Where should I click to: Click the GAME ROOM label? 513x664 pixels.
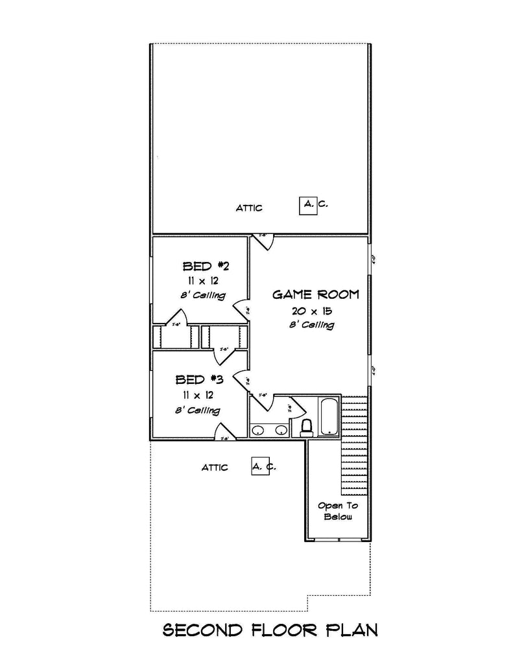[315, 294]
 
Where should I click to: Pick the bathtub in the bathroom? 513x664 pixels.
[328, 416]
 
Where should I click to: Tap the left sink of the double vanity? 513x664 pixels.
[259, 429]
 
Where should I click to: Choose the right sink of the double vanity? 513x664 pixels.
[281, 429]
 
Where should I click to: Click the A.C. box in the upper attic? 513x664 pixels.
[307, 206]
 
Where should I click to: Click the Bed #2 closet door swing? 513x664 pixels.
[176, 318]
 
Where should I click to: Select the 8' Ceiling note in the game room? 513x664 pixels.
[312, 325]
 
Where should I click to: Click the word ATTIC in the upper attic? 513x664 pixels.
[249, 208]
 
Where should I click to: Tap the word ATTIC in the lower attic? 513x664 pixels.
[215, 468]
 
